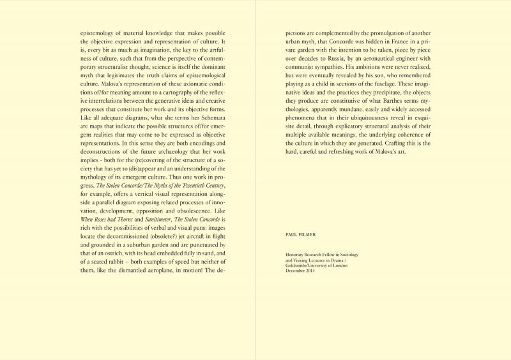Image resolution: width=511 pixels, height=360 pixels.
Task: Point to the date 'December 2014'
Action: pyautogui.click(x=303, y=273)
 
